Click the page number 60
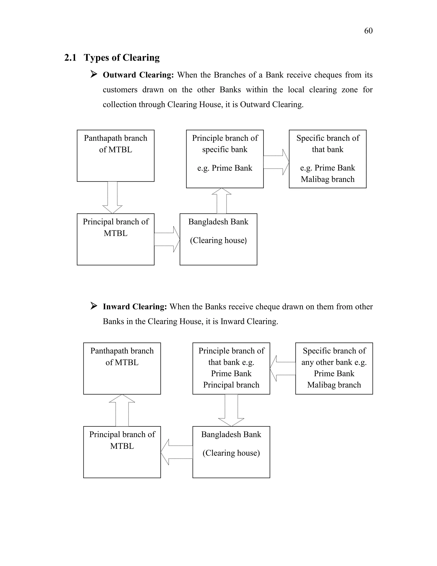[368, 31]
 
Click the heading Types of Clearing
[121, 57]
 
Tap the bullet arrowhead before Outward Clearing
[94, 74]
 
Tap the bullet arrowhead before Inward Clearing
[94, 306]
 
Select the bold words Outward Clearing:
[138, 75]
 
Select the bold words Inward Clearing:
[135, 306]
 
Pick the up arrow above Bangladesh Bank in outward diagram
[222, 201]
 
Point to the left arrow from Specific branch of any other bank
[283, 368]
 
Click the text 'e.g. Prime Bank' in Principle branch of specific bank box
[225, 168]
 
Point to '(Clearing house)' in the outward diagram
[218, 240]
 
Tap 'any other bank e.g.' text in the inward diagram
[334, 362]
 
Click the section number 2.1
[70, 57]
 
